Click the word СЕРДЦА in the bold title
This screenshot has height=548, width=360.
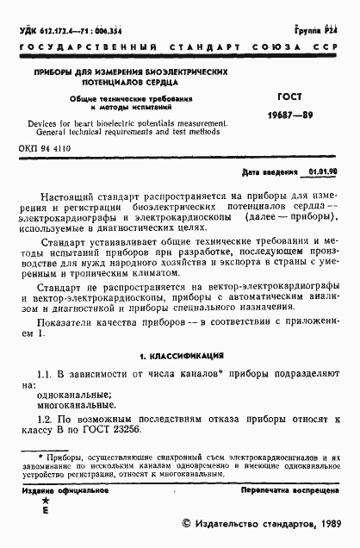pos(158,85)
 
